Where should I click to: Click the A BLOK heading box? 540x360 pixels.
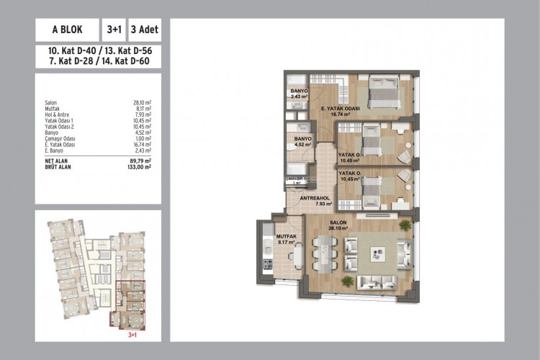point(67,30)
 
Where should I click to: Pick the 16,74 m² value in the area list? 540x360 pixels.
point(141,144)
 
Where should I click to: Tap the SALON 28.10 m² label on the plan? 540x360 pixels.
point(338,225)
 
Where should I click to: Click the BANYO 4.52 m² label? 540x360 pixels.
point(303,141)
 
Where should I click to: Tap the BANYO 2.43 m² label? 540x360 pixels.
point(300,94)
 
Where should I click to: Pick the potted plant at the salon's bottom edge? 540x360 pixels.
point(348,281)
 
